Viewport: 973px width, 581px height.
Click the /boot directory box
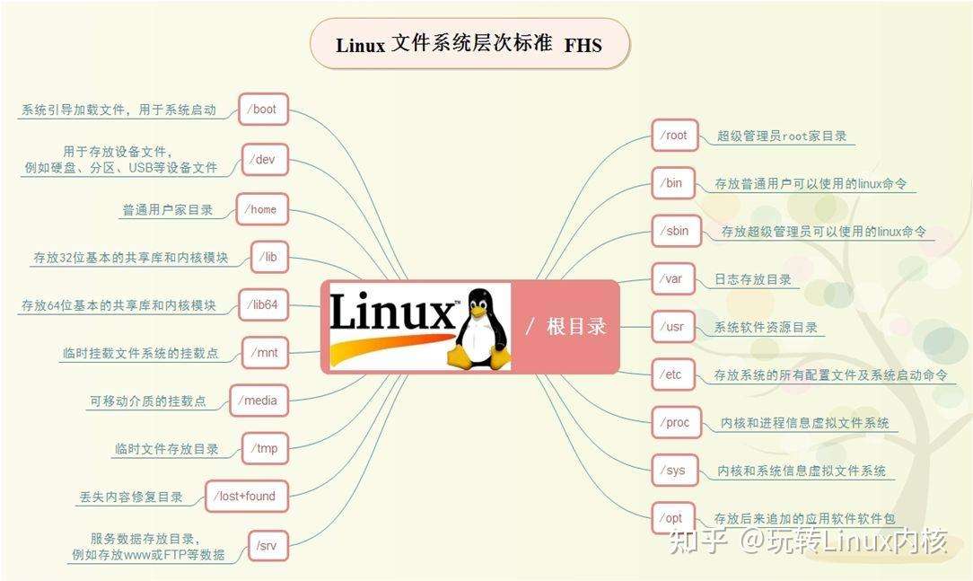264,110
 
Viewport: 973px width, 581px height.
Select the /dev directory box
265,160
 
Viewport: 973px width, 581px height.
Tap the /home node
261,209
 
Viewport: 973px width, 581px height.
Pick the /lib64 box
264,305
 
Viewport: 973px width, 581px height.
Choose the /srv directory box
266,546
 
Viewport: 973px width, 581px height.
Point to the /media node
259,401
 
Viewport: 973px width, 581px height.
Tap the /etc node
673,375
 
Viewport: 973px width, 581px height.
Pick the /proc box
676,422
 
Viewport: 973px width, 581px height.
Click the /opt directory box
672,518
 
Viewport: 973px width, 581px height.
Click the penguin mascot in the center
482,329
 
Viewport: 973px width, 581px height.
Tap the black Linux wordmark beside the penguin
391,315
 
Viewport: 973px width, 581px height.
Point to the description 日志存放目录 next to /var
752,279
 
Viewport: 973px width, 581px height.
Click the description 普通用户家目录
168,209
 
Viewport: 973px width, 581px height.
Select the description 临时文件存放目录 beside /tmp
167,448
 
